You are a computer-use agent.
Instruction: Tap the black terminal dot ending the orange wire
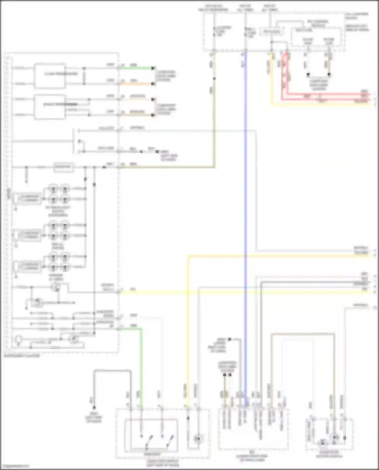153,84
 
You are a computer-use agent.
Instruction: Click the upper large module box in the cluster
50,76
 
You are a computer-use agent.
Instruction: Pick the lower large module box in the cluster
50,107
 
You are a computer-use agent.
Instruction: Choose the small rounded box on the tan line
64,167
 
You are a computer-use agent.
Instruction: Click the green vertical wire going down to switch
141,366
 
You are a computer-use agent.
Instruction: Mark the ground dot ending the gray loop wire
94,408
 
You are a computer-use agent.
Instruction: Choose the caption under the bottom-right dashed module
329,455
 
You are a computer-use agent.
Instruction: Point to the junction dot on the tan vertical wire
214,79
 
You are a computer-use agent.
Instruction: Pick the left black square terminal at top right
308,75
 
